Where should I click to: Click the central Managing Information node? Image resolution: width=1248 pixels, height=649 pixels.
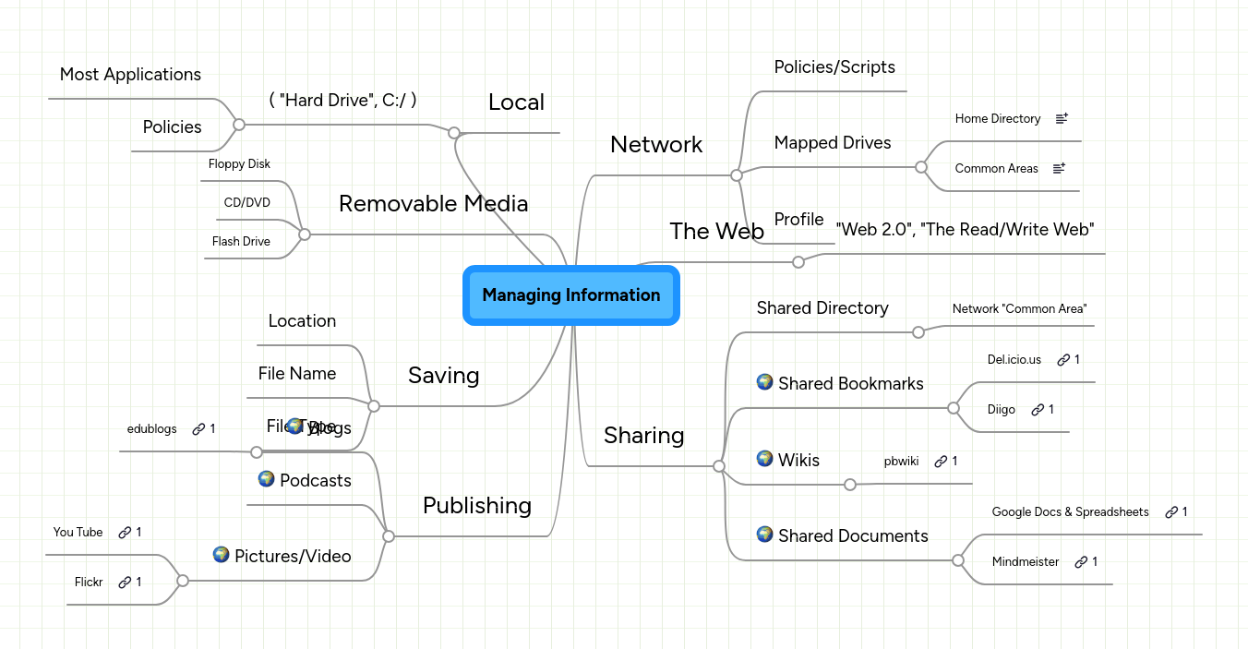coord(570,295)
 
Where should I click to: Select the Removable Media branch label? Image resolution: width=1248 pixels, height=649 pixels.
coord(433,203)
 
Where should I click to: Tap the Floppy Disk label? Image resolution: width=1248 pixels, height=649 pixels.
coord(239,164)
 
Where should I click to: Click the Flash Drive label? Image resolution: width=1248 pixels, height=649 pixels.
coord(241,242)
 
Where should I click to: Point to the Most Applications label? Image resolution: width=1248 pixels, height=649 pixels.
coord(130,75)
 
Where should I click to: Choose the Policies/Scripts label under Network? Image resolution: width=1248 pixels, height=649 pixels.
coord(834,67)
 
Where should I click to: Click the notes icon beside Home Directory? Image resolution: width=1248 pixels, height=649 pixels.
coord(1062,118)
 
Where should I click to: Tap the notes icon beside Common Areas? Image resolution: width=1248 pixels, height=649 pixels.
coord(1060,168)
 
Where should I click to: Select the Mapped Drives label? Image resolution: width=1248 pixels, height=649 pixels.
coord(833,143)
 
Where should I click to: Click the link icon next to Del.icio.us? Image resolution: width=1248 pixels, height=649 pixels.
coord(1063,360)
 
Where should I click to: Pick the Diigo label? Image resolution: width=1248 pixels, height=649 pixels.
coord(1002,410)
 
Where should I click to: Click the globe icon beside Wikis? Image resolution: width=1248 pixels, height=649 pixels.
coord(764,458)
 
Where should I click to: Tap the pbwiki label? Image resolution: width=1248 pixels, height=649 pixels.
coord(901,462)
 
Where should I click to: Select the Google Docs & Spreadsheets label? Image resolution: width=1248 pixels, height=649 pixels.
coord(1070,512)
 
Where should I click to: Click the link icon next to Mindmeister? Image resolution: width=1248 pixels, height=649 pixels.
coord(1081,562)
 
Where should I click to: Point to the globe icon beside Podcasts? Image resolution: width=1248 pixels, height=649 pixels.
coord(266,478)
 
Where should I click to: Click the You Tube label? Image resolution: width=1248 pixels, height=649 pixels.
coord(78,533)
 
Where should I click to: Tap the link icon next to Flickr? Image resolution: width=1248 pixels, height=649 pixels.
coord(125,583)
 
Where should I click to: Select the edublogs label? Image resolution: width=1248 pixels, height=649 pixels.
coord(151,429)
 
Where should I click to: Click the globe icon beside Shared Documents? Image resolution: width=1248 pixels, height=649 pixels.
coord(764,534)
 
